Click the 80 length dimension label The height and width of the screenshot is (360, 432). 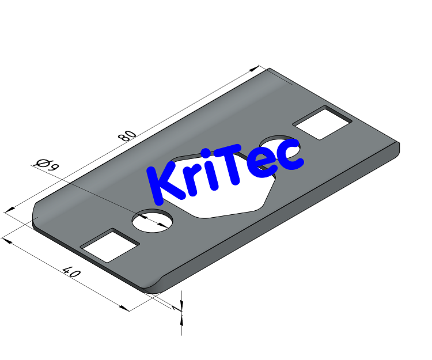127,136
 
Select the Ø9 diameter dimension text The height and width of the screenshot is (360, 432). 47,165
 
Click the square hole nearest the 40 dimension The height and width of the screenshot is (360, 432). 110,245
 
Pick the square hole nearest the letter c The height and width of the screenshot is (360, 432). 323,123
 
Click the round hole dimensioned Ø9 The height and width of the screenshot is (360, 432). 153,221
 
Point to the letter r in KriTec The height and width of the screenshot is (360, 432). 194,181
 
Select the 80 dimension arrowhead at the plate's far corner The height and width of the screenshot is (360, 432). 256,69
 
